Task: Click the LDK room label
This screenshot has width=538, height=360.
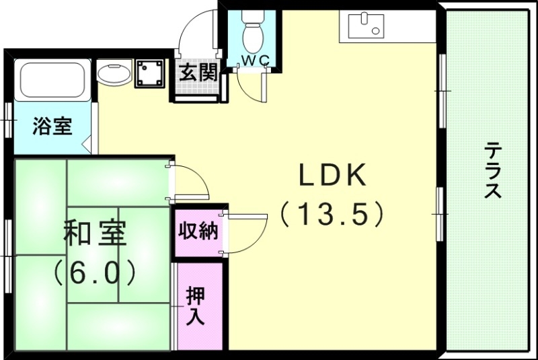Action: point(332,176)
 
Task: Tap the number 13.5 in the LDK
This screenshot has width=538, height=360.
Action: point(332,215)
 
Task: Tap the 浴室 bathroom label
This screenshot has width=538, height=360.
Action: point(52,126)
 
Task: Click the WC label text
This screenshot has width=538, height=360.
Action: point(255,60)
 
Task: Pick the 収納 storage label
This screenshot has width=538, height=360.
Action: point(198,231)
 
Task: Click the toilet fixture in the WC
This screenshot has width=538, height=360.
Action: point(254,30)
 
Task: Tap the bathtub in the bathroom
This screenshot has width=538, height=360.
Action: point(52,80)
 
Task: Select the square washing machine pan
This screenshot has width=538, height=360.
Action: point(149,73)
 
